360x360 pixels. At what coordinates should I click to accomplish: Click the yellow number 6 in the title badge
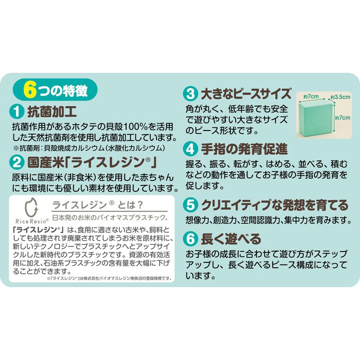coord(29,90)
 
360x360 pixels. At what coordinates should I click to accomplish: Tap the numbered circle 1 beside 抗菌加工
coord(17,112)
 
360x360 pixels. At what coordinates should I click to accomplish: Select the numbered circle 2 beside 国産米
coord(17,162)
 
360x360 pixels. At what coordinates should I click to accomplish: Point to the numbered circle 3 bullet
coord(190,94)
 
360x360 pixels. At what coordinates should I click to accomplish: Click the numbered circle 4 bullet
coord(190,149)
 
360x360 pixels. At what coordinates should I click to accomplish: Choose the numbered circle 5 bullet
coord(190,205)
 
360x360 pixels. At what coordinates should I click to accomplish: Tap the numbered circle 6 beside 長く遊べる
coord(190,239)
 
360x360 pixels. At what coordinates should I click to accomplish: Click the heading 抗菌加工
coord(52,112)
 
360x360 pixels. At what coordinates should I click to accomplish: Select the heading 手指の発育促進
coord(244,149)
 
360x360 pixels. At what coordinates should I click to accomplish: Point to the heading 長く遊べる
coord(231,239)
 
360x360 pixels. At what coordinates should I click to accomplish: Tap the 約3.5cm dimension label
coord(341,97)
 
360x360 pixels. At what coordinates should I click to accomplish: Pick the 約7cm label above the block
coord(311,96)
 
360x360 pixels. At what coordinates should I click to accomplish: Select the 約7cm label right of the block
coord(342,118)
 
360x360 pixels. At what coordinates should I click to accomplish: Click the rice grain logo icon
coord(31,207)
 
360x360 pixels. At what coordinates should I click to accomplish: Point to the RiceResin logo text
coord(32,221)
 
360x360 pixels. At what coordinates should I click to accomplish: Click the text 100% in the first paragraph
coord(135,127)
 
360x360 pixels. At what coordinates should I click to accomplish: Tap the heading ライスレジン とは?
coord(98,205)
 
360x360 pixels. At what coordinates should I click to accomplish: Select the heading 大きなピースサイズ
coord(246,94)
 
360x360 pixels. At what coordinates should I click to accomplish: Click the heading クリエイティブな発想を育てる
coord(275,205)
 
